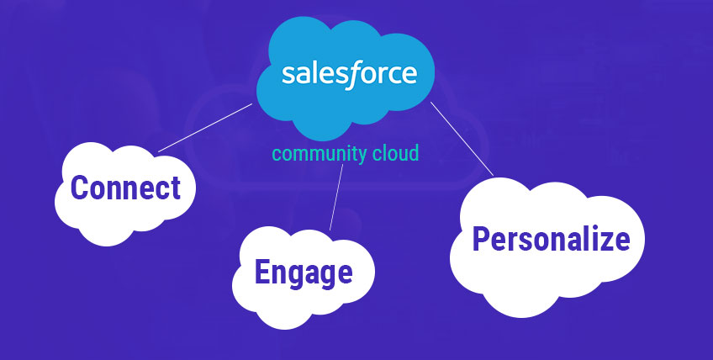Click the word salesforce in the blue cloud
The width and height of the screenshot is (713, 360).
[349, 75]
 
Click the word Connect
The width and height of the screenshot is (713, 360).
[125, 188]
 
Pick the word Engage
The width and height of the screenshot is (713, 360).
[304, 273]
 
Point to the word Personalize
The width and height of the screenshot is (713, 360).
[551, 239]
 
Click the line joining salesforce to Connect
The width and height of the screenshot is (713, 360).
[205, 128]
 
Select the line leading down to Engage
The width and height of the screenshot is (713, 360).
[336, 198]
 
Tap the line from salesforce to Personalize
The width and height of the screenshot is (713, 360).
[462, 138]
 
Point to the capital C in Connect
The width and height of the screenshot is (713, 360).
[79, 188]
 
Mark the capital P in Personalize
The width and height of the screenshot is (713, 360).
[481, 239]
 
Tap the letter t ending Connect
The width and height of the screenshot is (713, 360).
[176, 189]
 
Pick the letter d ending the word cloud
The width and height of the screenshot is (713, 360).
[414, 153]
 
